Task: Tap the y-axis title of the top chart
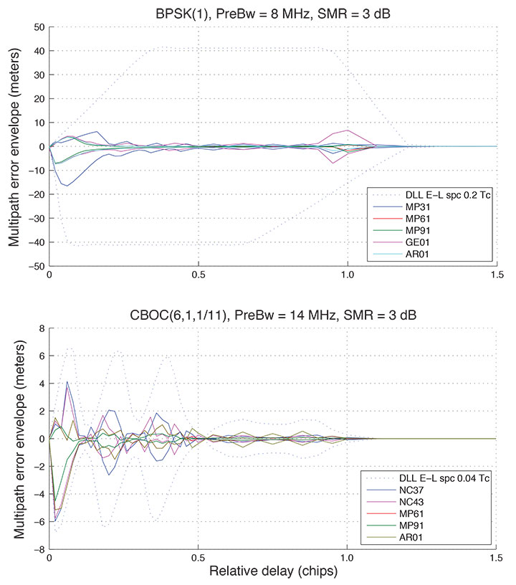click(x=14, y=146)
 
